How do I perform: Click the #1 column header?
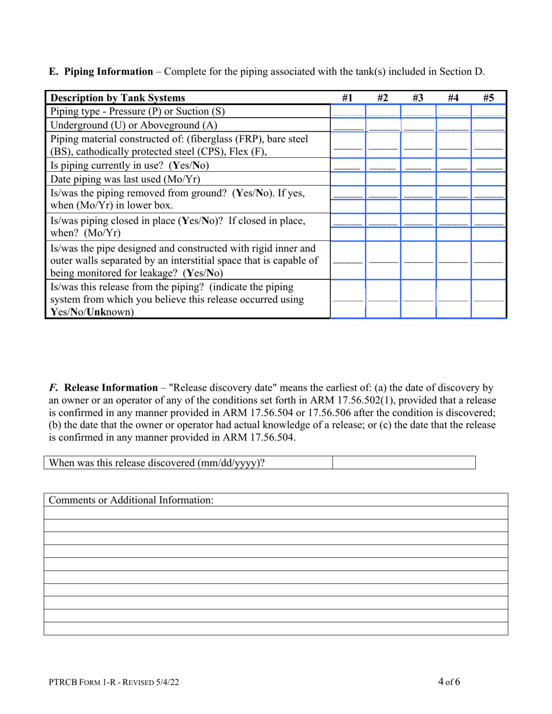(x=347, y=98)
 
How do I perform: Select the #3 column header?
(x=418, y=98)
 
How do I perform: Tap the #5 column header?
(x=489, y=98)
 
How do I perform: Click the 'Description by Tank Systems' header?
(x=118, y=98)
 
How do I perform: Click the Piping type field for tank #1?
(x=347, y=111)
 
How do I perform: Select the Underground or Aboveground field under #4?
(x=453, y=125)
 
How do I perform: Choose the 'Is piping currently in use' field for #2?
(x=382, y=165)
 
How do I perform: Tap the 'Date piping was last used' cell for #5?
(x=489, y=179)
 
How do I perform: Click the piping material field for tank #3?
(x=418, y=145)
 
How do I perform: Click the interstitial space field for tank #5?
(x=489, y=260)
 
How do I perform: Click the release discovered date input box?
(x=404, y=463)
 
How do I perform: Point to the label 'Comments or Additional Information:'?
(x=131, y=500)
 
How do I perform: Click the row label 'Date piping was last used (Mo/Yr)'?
(x=126, y=179)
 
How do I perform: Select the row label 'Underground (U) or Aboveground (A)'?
(x=134, y=125)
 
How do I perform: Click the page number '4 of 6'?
(x=449, y=682)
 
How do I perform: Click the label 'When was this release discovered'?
(x=157, y=463)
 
